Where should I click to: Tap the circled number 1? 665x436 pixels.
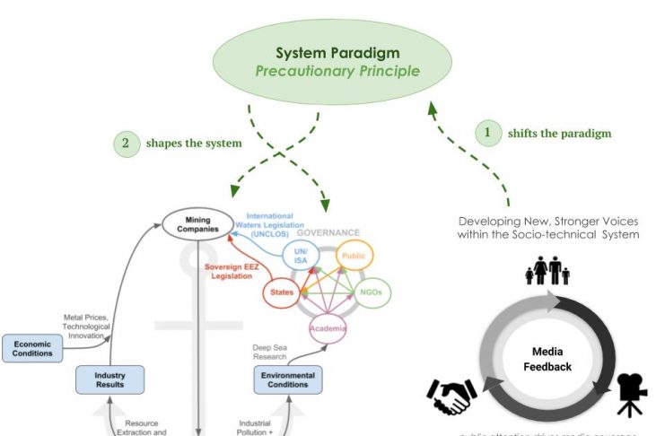coord(486,134)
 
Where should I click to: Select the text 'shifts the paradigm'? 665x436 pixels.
coord(559,134)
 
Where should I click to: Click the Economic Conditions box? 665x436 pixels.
coord(31,347)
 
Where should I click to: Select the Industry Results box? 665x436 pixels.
coord(110,379)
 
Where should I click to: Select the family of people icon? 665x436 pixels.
coord(547,270)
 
